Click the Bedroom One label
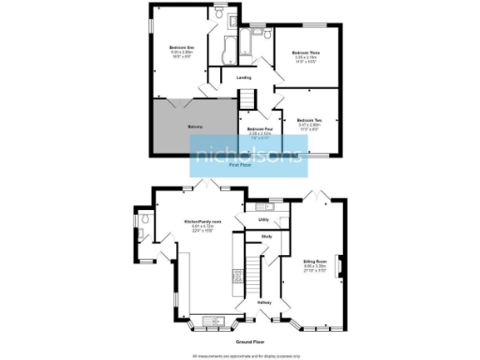pyautogui.click(x=182, y=48)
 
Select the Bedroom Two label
pyautogui.click(x=310, y=120)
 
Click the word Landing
pyautogui.click(x=244, y=78)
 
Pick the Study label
pyautogui.click(x=265, y=236)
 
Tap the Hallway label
pyautogui.click(x=263, y=303)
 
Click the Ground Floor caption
pyautogui.click(x=248, y=343)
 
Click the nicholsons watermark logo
pyautogui.click(x=248, y=156)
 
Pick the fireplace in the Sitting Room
pyautogui.click(x=339, y=266)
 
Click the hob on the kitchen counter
pyautogui.click(x=230, y=277)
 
